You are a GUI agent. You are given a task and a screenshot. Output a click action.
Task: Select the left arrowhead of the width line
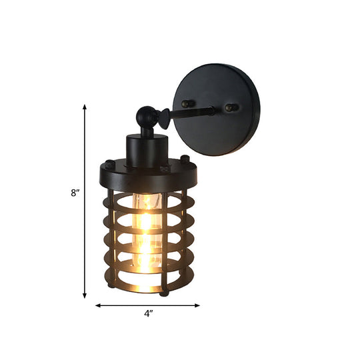point(98,305)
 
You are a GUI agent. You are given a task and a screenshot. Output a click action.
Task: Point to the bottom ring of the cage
point(147,285)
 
